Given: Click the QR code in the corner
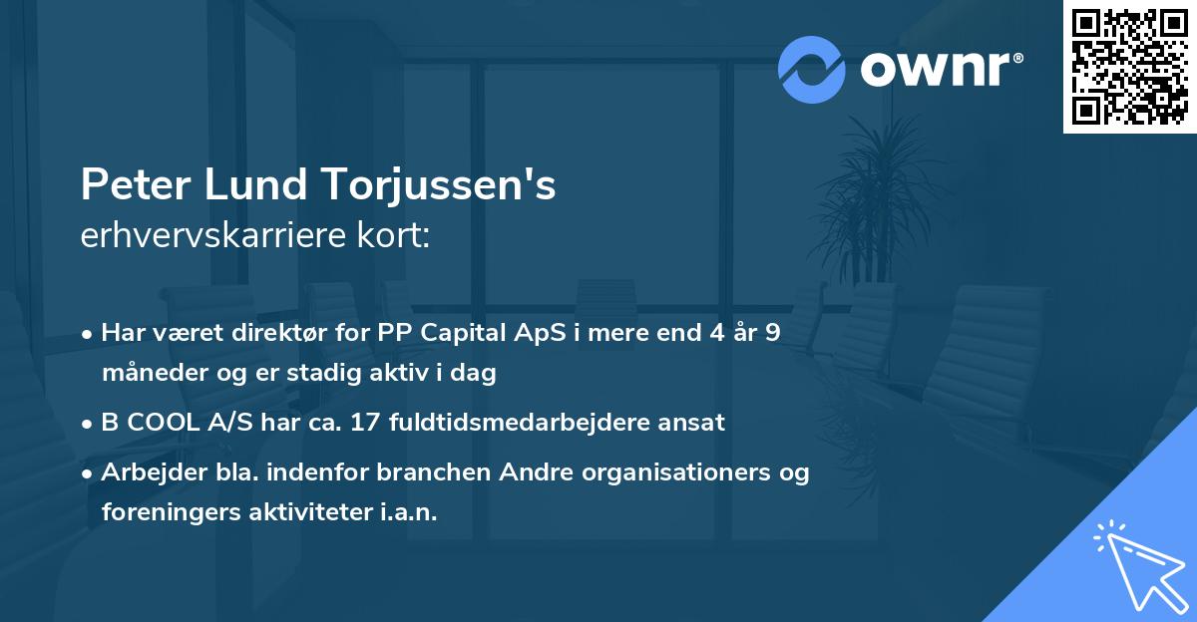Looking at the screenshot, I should click(1129, 67).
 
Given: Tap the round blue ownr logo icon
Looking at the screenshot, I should click(812, 69).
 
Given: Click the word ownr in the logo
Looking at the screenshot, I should click(932, 70).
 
